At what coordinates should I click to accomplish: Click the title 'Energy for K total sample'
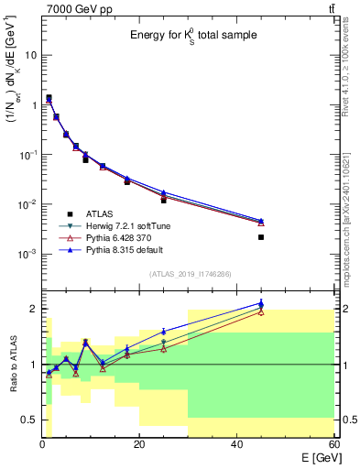pyautogui.click(x=192, y=36)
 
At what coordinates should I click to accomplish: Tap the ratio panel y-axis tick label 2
pyautogui.click(x=32, y=309)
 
